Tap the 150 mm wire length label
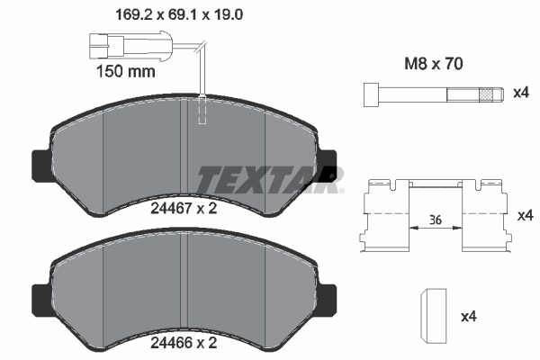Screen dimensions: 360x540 point(127,69)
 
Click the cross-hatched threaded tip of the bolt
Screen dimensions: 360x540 point(488,93)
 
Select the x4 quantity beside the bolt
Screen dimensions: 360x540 point(520,94)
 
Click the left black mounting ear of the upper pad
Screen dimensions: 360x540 point(40,164)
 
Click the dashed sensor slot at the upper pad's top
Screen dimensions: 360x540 point(203,110)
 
